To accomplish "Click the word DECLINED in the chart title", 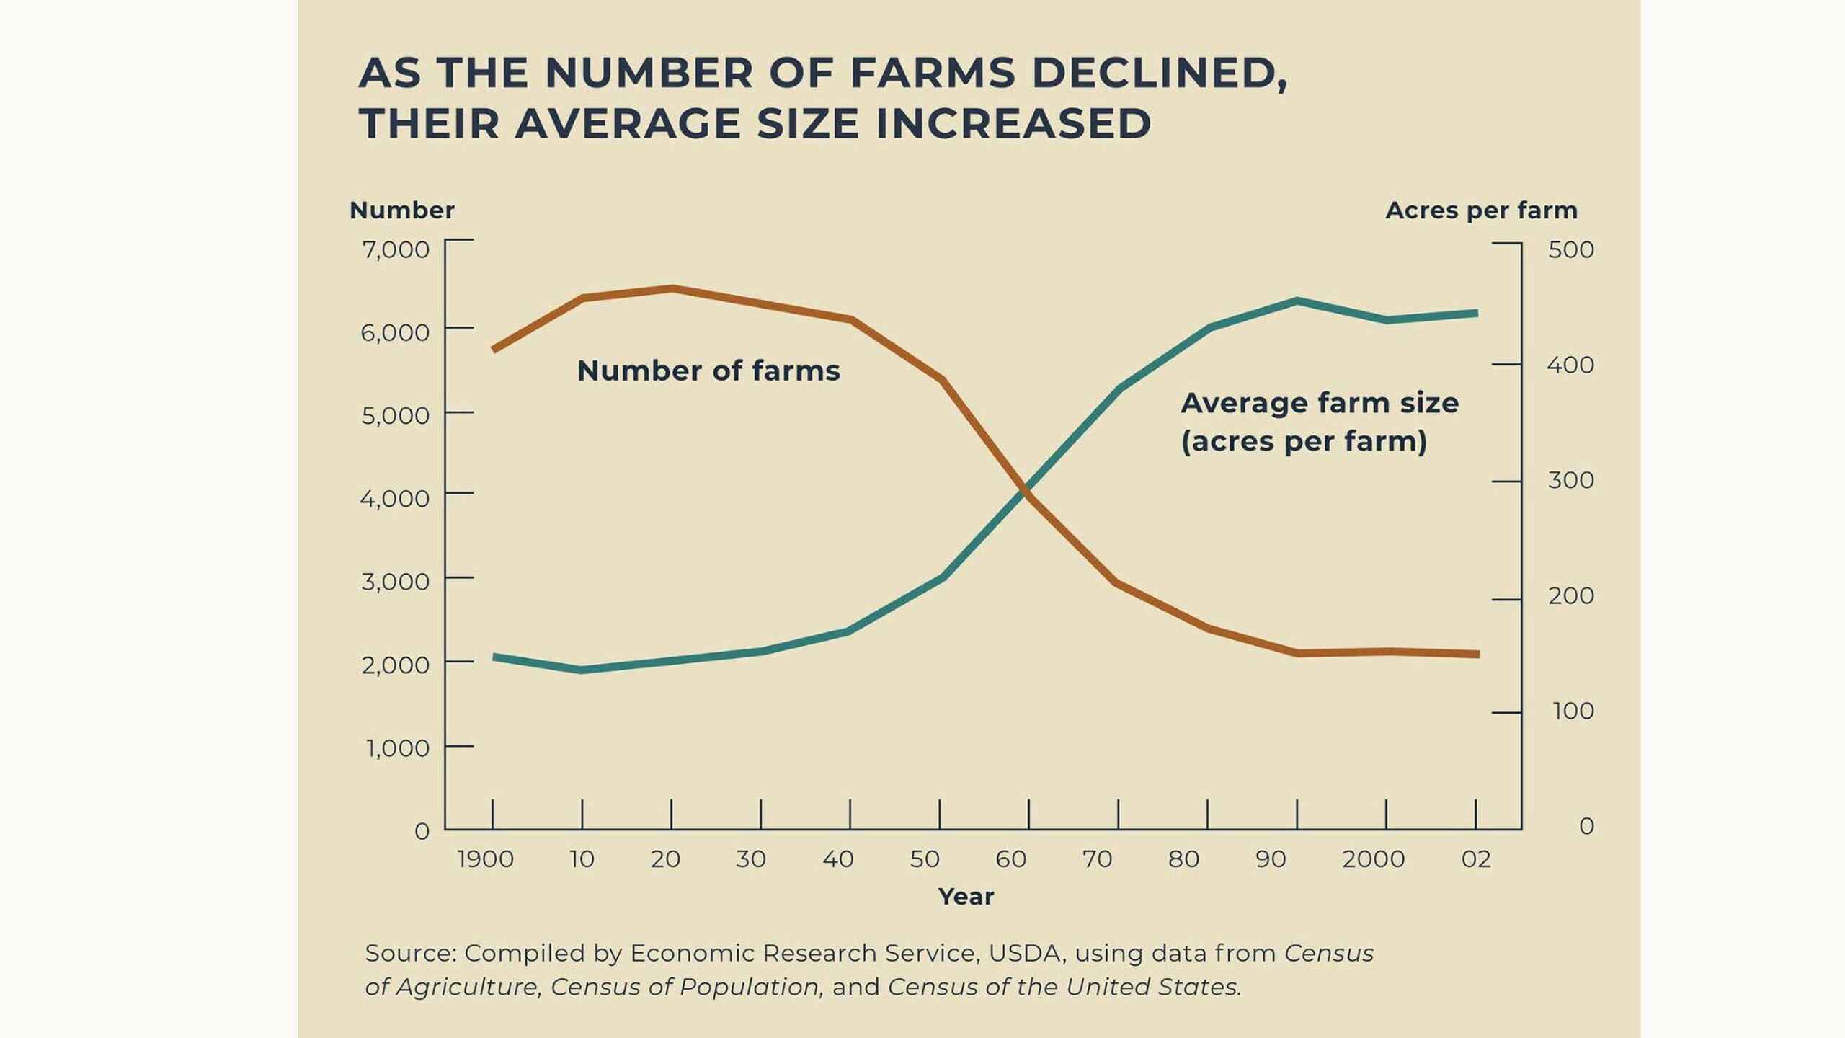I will point(1159,73).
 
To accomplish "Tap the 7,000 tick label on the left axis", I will point(396,249).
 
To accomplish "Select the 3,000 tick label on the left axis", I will point(396,581).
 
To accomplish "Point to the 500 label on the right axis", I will point(1570,249).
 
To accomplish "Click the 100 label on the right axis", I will point(1573,711).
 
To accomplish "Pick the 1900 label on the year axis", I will point(485,859).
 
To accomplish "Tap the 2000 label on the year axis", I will point(1373,859).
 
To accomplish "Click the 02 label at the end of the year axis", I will point(1475,859).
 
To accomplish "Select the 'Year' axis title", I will point(966,897).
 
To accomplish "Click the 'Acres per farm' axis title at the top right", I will point(1481,210).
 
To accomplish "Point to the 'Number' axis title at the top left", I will point(401,210).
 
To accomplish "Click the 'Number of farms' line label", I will point(708,371).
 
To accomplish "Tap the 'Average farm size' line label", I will point(1319,404).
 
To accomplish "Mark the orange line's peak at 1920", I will point(672,288).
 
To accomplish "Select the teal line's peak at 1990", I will point(1297,301).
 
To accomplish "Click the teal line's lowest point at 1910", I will point(582,670).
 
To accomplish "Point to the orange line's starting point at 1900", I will point(494,349).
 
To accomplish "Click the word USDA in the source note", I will point(1025,953).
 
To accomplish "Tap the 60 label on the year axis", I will point(1010,859).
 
